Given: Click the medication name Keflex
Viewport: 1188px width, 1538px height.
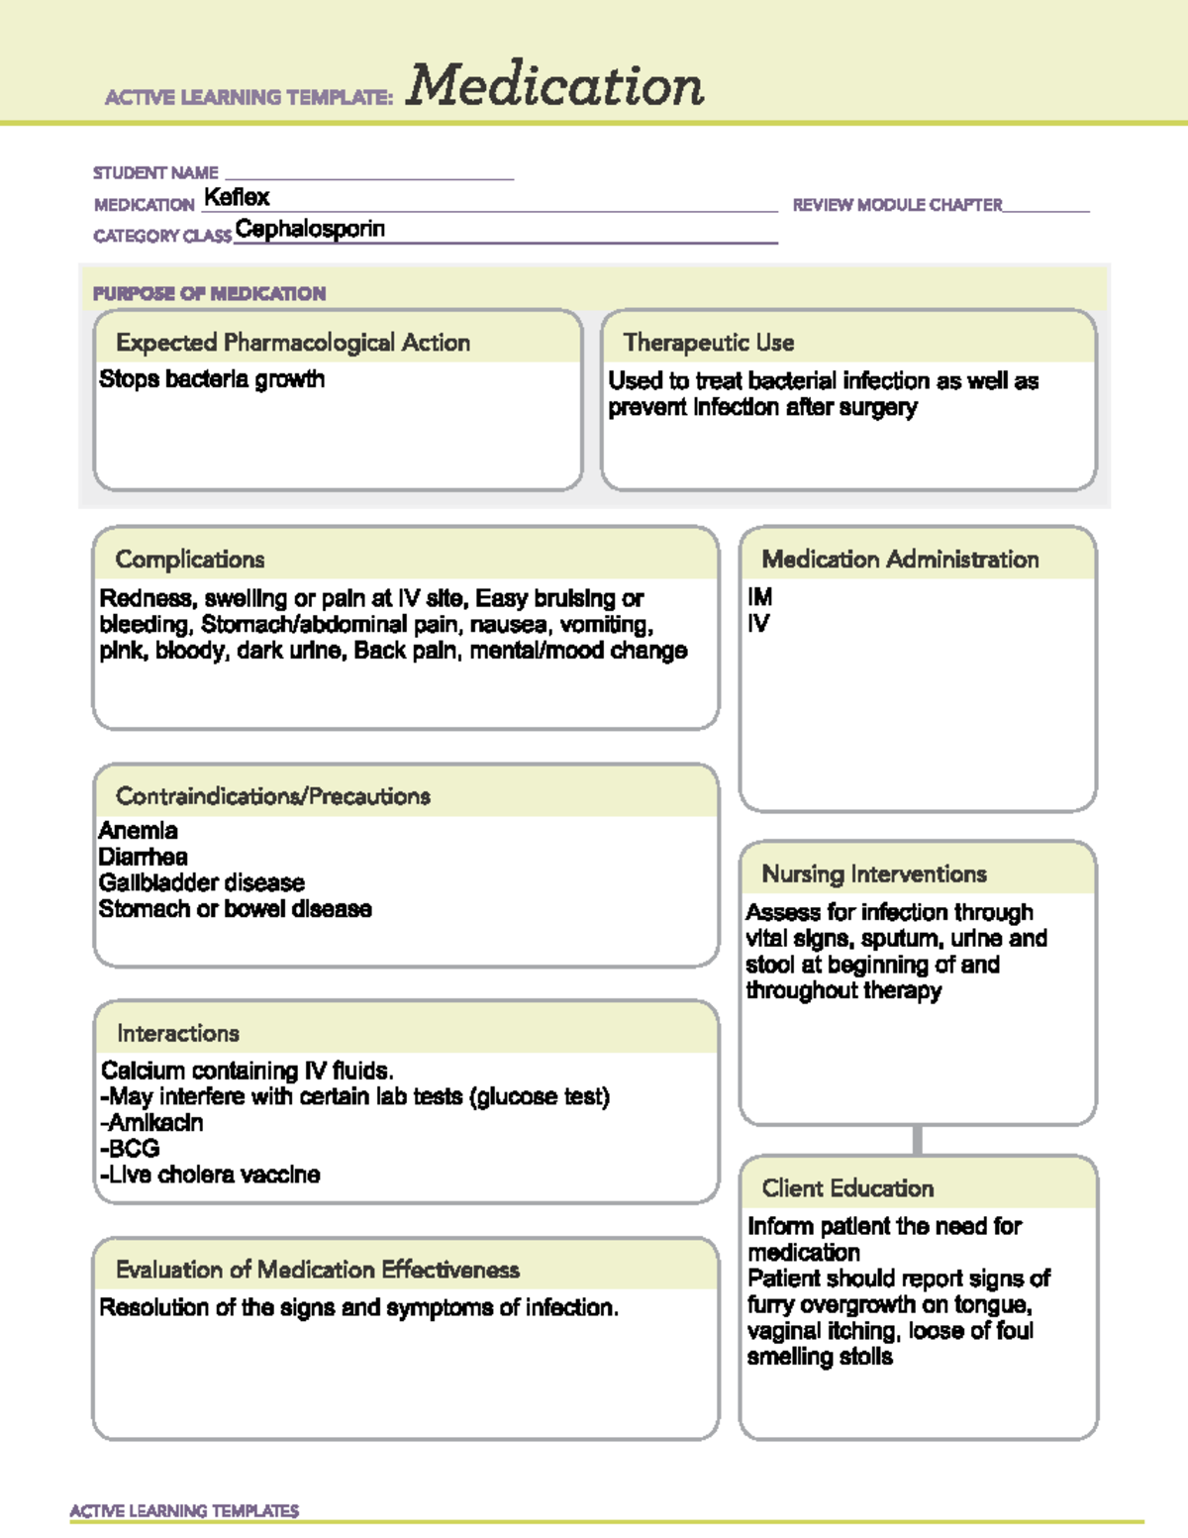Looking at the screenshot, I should click(x=237, y=197).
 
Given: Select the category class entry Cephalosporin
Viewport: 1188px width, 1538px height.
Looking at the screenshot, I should click(x=310, y=229).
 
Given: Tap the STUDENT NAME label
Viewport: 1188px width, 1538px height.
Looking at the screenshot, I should click(x=155, y=172).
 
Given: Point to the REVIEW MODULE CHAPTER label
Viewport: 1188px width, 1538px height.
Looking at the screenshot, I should click(x=897, y=205).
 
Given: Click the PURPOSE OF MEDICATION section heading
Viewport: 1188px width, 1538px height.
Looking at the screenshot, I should click(x=209, y=293).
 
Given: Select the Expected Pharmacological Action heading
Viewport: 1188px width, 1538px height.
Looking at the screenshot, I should click(x=293, y=343).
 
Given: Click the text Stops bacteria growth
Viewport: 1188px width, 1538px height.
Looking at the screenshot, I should click(x=212, y=379).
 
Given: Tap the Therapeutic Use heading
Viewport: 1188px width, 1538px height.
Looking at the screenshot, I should click(x=709, y=343).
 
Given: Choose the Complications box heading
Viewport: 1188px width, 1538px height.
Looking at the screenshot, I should click(x=190, y=560).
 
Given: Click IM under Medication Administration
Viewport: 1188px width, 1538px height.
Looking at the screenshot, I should click(x=759, y=597).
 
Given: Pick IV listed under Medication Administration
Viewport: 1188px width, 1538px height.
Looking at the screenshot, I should click(x=757, y=624).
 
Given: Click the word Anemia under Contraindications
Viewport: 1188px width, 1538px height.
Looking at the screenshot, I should click(x=139, y=831).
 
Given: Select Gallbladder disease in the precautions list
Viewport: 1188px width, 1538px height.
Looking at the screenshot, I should click(x=201, y=882).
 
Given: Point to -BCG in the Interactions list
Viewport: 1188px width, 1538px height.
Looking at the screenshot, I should click(x=130, y=1149).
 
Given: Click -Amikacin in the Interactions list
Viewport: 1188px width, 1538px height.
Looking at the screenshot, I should click(x=151, y=1122).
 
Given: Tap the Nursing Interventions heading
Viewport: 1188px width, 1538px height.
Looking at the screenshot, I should click(x=874, y=874).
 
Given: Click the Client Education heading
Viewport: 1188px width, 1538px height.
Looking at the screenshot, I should click(x=847, y=1188).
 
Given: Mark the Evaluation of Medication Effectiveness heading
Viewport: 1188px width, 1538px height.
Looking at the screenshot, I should click(x=318, y=1270).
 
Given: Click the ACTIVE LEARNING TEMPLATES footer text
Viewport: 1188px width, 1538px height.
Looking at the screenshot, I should click(x=184, y=1510).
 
